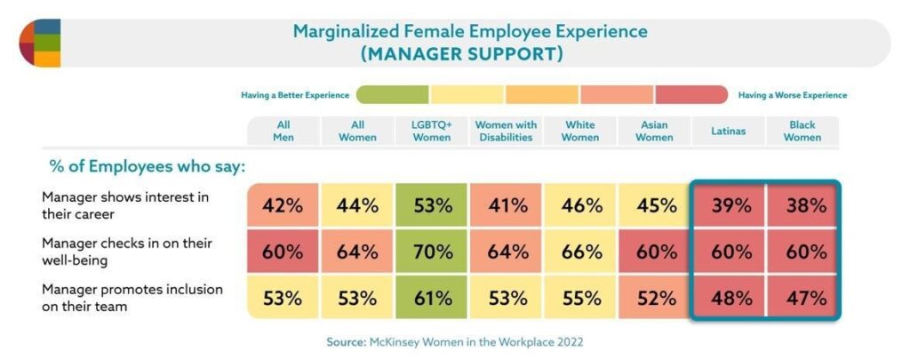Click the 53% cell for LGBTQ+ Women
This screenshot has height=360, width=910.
point(431,205)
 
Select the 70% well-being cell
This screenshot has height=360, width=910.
point(431,252)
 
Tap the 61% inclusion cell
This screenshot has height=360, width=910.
point(431,298)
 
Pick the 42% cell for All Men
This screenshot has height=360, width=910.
point(282,205)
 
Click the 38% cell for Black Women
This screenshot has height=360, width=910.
point(802,205)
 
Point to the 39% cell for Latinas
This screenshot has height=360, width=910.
point(728,205)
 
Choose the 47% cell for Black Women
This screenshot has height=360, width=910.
point(802,298)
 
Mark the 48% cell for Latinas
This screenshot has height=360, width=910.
point(728,298)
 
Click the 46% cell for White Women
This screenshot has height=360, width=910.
point(579,205)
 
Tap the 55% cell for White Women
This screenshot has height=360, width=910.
point(579,298)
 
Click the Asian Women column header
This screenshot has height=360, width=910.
point(654,131)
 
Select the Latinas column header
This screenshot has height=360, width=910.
point(728,131)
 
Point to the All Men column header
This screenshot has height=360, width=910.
point(283,131)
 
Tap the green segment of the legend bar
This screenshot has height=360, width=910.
point(393,94)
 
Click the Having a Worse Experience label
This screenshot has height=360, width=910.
point(793,95)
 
